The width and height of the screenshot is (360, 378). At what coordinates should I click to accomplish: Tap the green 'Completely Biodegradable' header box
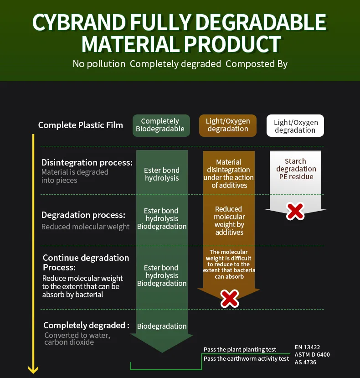pos(160,125)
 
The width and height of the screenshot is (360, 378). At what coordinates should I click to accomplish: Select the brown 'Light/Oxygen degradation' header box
pos(228,125)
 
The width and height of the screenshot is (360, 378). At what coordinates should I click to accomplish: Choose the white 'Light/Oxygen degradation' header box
pos(295,126)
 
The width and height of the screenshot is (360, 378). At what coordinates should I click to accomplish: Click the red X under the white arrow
pos(295,211)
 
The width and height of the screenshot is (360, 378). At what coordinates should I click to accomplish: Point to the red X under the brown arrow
pos(230,299)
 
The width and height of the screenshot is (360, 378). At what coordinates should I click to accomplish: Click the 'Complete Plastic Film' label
pos(81,125)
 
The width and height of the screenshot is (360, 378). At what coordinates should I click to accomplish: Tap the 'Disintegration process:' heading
pos(87,162)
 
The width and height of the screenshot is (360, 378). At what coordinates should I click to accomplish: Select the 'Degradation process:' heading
pos(83,215)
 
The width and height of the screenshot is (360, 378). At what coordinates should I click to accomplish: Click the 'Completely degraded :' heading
pos(86,326)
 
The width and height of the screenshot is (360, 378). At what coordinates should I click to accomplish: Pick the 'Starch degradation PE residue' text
pos(295,169)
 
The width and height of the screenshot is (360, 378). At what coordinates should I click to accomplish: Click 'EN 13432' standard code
pos(307,347)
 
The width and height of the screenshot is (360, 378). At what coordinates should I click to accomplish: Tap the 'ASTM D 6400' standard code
pos(312,355)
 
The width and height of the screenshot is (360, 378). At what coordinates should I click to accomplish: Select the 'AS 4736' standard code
pos(305,362)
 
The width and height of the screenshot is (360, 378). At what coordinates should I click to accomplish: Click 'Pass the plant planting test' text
pos(240,350)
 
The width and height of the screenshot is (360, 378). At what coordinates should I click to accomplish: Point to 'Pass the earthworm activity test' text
pos(246,359)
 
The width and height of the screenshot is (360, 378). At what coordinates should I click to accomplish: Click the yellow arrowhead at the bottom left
pos(33,369)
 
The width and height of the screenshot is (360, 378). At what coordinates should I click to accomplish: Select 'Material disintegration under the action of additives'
pos(229,174)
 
